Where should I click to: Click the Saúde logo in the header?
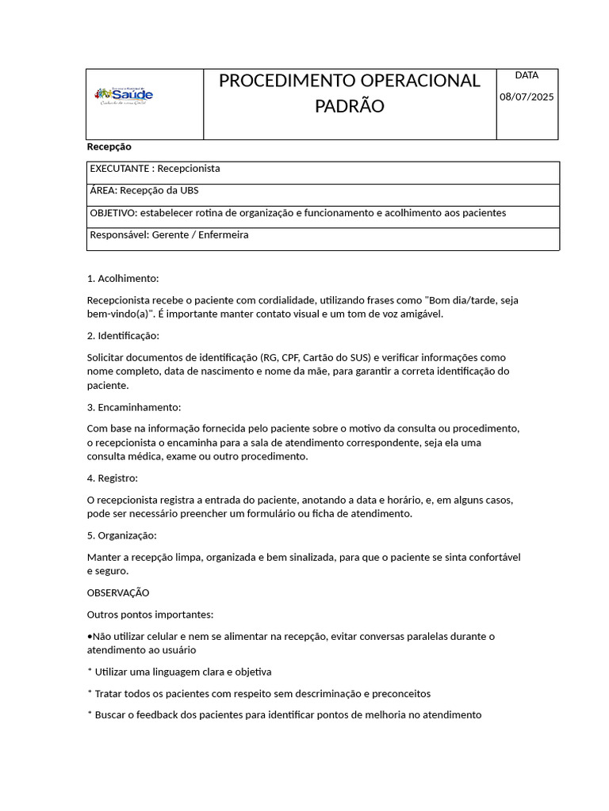[x=124, y=96]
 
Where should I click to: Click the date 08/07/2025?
[x=527, y=97]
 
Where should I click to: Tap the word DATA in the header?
[x=527, y=75]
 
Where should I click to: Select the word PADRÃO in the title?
[x=349, y=106]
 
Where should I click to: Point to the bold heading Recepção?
[x=109, y=147]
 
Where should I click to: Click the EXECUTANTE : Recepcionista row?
[x=155, y=169]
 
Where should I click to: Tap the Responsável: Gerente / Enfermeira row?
[x=169, y=235]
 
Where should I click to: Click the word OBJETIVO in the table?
[x=113, y=213]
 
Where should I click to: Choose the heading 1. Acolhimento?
[x=123, y=279]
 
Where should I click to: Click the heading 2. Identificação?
[x=123, y=336]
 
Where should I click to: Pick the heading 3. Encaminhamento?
[x=134, y=407]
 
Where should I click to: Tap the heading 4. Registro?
[x=113, y=478]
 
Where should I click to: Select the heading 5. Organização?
[x=122, y=535]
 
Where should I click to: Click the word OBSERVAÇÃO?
[x=118, y=592]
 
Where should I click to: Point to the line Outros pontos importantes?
[x=150, y=615]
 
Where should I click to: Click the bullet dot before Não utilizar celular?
[x=90, y=637]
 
